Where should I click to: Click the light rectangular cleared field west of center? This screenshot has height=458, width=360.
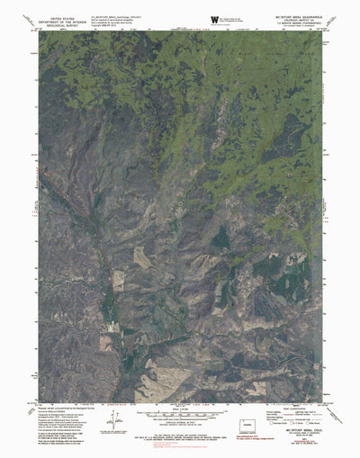click(x=141, y=256)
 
